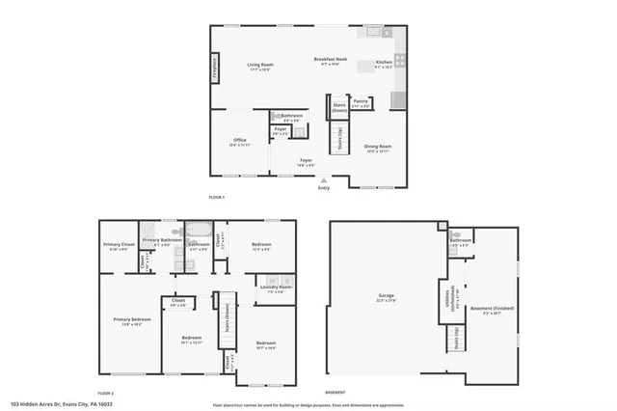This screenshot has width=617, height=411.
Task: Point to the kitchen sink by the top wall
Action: pyautogui.click(x=373, y=32)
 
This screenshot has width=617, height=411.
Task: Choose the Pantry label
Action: pyautogui.click(x=361, y=102)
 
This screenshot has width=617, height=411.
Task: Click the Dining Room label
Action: pyautogui.click(x=378, y=148)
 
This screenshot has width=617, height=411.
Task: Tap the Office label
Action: pyautogui.click(x=240, y=142)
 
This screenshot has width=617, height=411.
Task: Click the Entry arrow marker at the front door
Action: pyautogui.click(x=324, y=179)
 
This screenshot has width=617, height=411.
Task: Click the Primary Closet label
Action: pyautogui.click(x=119, y=246)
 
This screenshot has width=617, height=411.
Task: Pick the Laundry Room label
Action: pyautogui.click(x=274, y=288)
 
